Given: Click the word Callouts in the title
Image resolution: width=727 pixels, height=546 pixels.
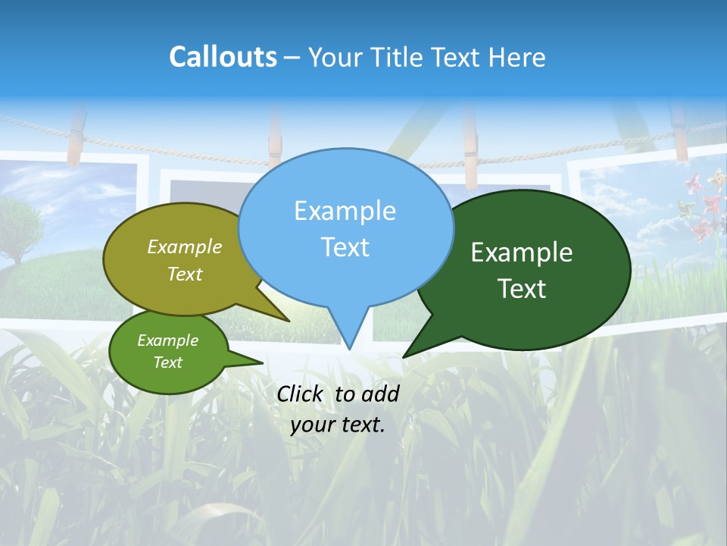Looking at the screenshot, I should coord(223,57).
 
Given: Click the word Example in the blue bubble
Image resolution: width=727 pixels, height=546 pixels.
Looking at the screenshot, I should coord(345,211).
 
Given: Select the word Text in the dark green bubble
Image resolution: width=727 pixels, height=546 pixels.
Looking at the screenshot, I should coord(522,289).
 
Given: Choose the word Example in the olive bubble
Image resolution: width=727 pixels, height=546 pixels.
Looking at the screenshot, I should coord(185,246).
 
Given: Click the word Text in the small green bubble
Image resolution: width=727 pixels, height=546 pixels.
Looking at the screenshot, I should coord(168,362).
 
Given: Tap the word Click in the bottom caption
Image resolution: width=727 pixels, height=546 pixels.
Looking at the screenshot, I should coord(301,394).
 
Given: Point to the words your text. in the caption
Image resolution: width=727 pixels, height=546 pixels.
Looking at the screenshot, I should coord(338,425).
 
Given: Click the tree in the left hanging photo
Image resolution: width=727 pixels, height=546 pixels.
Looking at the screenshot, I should coord(19,227).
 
